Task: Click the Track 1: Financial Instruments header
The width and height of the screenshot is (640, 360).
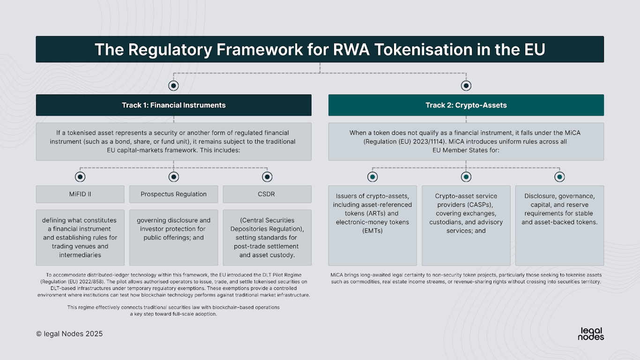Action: pyautogui.click(x=173, y=105)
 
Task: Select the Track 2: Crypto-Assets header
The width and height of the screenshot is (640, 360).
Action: pyautogui.click(x=466, y=105)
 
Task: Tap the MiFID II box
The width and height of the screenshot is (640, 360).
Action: pyautogui.click(x=80, y=194)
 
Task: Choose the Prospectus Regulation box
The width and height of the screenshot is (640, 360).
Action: pyautogui.click(x=173, y=194)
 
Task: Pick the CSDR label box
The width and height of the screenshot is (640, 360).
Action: pyautogui.click(x=267, y=194)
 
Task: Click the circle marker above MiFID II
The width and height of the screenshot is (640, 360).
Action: pyautogui.click(x=80, y=177)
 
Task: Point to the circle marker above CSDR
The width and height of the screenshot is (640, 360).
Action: pyautogui.click(x=267, y=177)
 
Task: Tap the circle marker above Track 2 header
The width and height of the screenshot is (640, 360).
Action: pyautogui.click(x=466, y=86)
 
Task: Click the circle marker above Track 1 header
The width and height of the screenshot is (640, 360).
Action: pyautogui.click(x=174, y=86)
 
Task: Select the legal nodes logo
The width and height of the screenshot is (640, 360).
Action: pyautogui.click(x=591, y=333)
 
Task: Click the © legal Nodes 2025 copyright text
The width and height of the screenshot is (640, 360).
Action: pyautogui.click(x=69, y=334)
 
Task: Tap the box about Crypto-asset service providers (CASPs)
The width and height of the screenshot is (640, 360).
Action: pyautogui.click(x=466, y=225)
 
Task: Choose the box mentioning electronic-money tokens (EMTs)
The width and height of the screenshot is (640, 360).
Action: pyautogui.click(x=372, y=225)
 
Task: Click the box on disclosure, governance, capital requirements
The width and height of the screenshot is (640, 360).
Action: pyautogui.click(x=559, y=225)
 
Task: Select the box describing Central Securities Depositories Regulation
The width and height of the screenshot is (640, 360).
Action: pyautogui.click(x=267, y=237)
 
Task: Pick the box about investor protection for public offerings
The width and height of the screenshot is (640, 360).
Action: pyautogui.click(x=173, y=237)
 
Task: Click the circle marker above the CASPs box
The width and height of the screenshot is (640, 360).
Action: pyautogui.click(x=466, y=177)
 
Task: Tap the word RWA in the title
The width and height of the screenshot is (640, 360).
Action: pyautogui.click(x=327, y=50)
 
